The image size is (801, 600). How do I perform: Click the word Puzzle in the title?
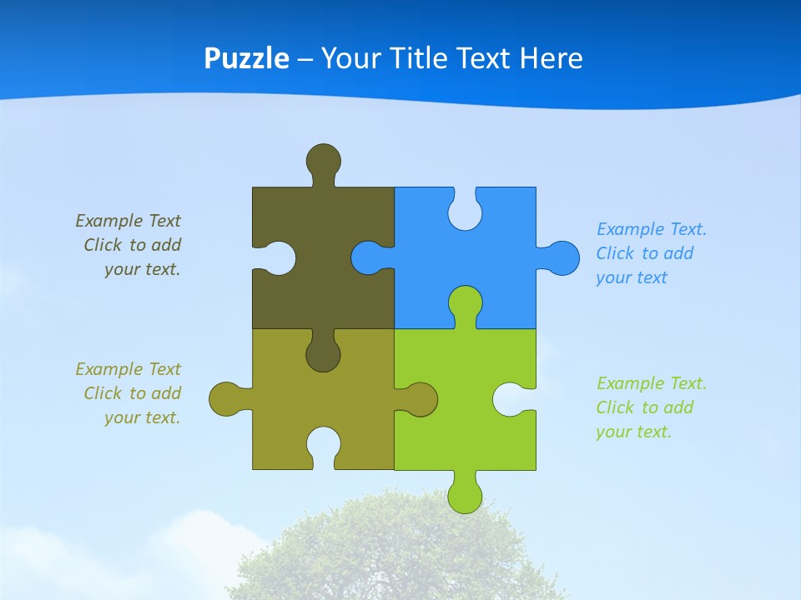247,59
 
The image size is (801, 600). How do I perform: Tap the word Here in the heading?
551,58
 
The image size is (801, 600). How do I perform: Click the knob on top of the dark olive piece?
324,160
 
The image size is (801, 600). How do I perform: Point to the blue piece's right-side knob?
562,257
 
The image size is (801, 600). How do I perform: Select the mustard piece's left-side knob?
227,399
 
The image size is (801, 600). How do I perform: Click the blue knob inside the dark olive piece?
368,257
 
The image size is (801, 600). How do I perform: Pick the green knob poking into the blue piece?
465,303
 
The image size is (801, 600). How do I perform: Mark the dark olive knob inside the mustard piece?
324,353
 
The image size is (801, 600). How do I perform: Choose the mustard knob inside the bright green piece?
419,399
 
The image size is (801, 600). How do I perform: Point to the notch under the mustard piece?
324,447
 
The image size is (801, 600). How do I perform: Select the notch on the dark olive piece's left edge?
277,257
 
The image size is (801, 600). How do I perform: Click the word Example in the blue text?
629,229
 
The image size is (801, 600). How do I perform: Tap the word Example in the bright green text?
629,383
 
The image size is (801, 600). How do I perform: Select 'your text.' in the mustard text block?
142,417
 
